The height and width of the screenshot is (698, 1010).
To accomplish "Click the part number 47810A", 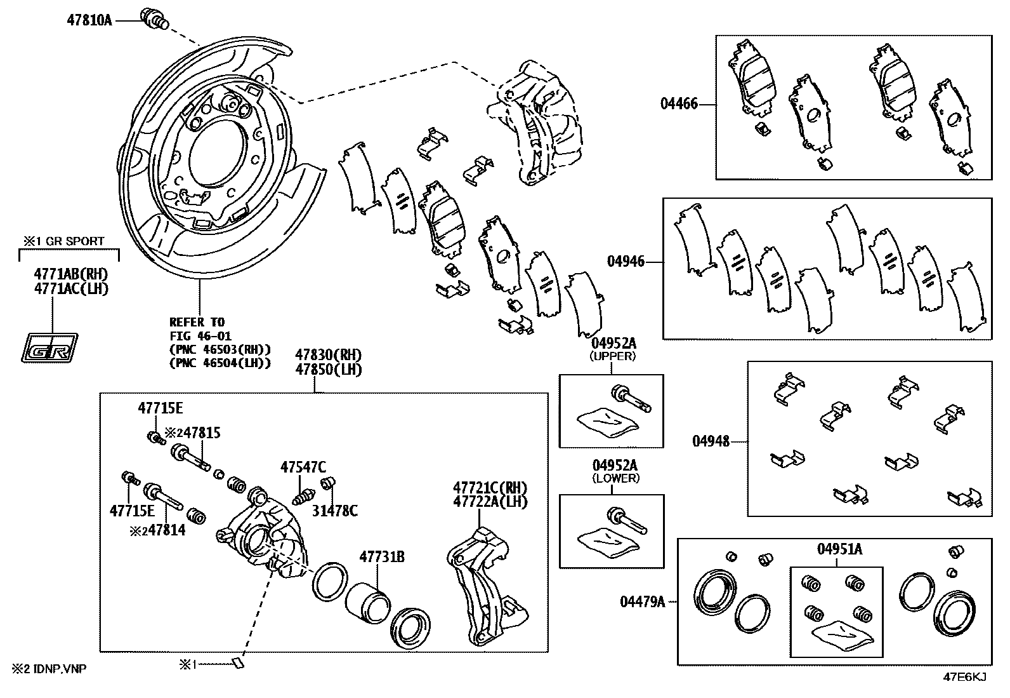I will coord(89,20).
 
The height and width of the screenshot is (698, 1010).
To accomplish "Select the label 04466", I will coord(679,104).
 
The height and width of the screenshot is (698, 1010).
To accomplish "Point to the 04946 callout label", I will coord(626,262).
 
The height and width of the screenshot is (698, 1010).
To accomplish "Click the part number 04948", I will coord(711,441).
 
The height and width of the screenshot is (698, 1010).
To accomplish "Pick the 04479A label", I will coord(643,601).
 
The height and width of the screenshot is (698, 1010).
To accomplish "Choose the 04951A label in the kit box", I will coord(839,549).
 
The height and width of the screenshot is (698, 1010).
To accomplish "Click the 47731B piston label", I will coord(382,558).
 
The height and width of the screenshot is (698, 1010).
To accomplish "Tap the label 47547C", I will coord(303,467).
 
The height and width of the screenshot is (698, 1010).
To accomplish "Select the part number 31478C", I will coord(334,510).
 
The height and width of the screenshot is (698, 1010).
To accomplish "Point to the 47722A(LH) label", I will coord(490,501).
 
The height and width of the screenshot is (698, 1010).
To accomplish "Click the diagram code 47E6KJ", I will coord(964,677).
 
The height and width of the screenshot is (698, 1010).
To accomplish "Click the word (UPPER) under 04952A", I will coord(612,356).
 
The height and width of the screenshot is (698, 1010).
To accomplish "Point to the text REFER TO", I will coord(197,322).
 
